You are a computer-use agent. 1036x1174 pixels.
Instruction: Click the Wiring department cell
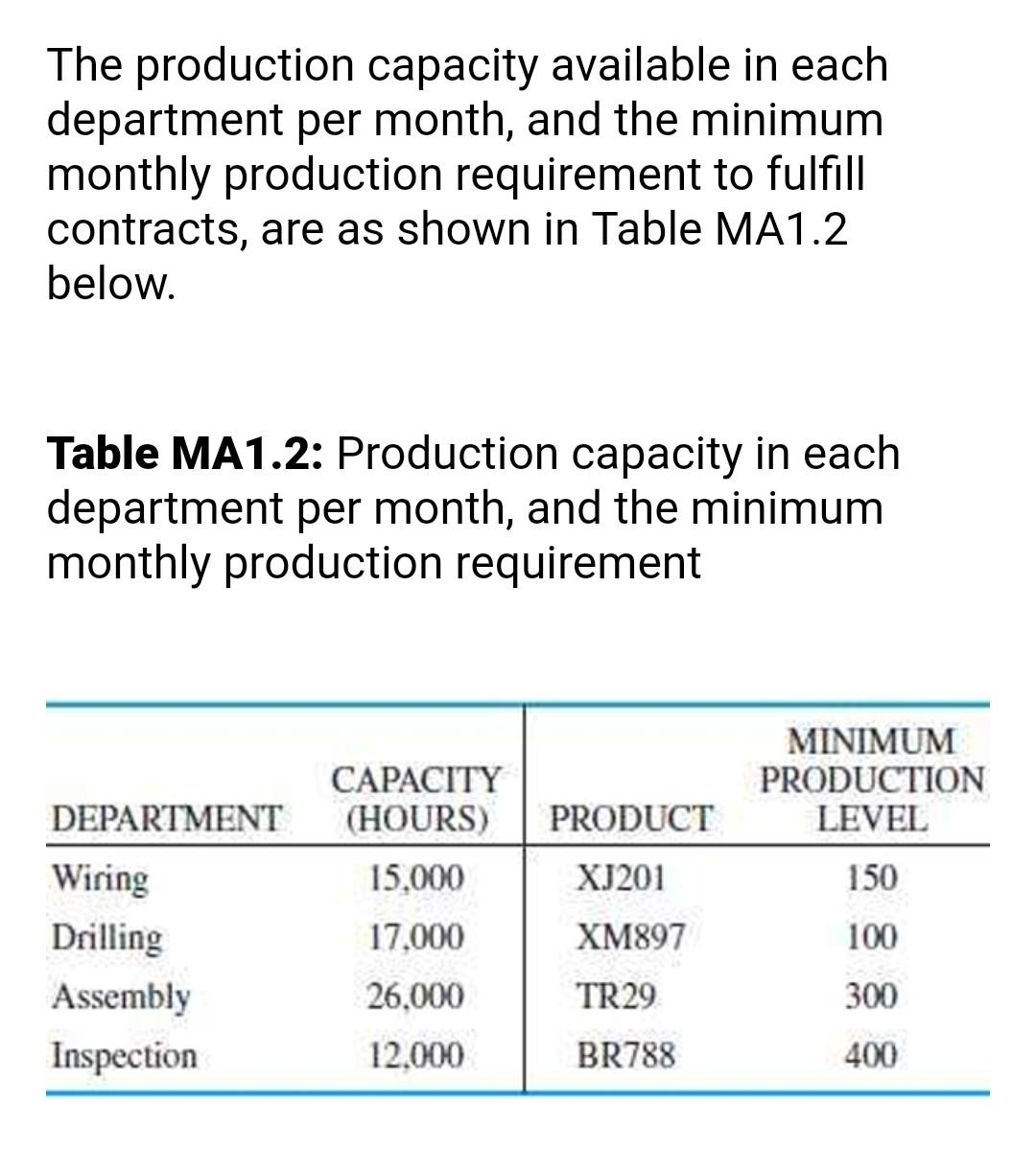click(x=101, y=879)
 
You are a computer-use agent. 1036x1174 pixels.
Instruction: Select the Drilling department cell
click(x=107, y=938)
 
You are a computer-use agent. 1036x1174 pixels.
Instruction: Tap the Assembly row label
click(x=121, y=998)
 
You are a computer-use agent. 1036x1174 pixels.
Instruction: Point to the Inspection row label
click(x=125, y=1056)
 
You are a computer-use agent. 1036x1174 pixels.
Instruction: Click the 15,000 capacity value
click(x=416, y=879)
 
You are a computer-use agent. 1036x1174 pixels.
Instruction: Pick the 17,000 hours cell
click(x=416, y=938)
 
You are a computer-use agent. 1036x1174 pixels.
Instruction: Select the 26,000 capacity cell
click(x=416, y=998)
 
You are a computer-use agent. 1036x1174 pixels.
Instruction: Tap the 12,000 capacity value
click(x=416, y=1056)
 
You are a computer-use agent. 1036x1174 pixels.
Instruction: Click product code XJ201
click(x=621, y=879)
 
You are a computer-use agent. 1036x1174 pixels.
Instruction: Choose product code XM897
click(x=630, y=938)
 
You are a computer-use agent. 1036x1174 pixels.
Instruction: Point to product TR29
click(x=617, y=998)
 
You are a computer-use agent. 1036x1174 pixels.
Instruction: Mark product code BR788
click(x=626, y=1056)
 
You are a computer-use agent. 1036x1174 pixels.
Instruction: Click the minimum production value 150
click(x=872, y=879)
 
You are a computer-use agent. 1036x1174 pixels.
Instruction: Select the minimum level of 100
click(x=872, y=938)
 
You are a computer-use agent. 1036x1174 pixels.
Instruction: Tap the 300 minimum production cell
click(x=872, y=998)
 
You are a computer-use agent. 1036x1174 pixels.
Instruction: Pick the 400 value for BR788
click(x=872, y=1056)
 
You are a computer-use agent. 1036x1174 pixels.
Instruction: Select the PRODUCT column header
click(x=631, y=820)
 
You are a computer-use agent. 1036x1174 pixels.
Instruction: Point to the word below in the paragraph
click(x=111, y=284)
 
